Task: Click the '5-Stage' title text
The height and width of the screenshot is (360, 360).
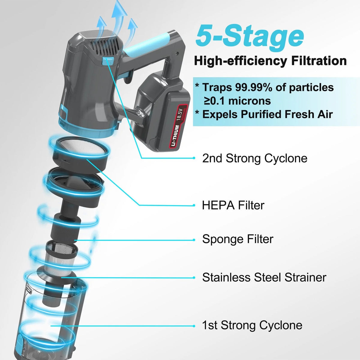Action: coord(250,36)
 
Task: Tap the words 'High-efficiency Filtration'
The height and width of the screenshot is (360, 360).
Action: coord(270,61)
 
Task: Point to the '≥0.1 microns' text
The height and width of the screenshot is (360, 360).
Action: coord(237,101)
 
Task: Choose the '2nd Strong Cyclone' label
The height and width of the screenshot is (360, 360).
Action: coord(255,158)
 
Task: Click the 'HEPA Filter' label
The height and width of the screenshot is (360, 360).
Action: coord(233,205)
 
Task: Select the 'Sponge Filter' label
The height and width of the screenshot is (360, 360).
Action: coord(238,239)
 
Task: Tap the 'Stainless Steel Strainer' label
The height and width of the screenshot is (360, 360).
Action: coord(264,277)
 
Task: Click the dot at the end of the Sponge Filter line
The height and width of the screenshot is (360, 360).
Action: coord(194,240)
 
